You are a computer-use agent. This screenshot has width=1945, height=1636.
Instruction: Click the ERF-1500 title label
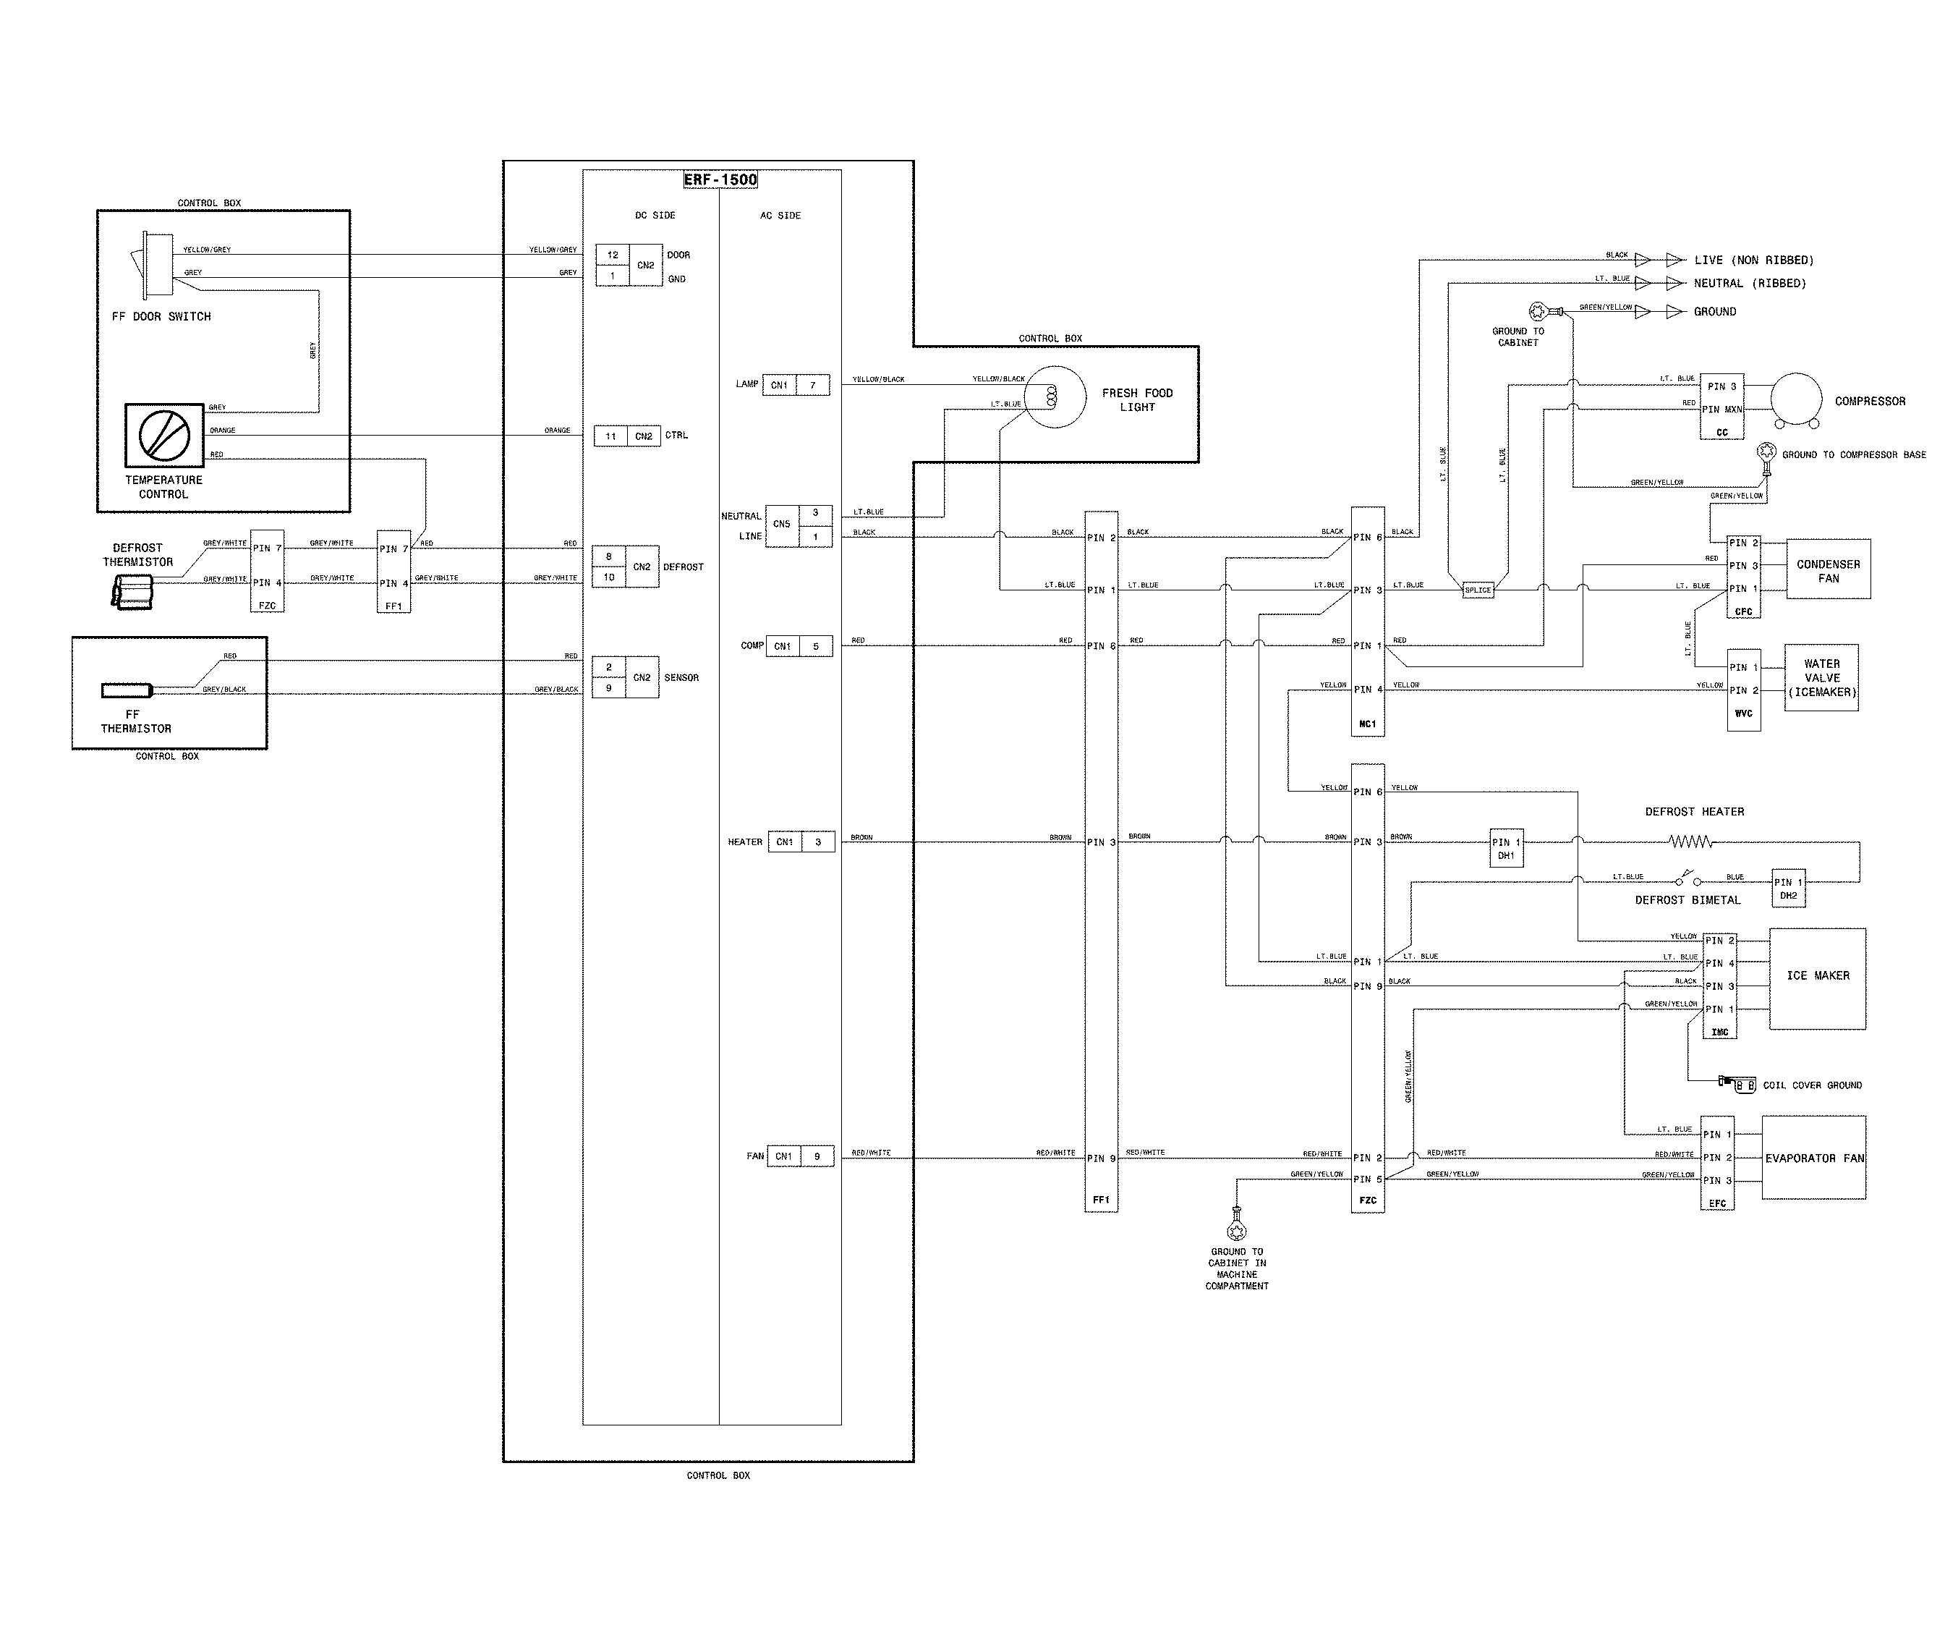720,180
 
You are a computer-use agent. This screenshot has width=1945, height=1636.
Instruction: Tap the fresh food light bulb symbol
1054,397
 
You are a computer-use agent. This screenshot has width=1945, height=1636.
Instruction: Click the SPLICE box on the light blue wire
1478,590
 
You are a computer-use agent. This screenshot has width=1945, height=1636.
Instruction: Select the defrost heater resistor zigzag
1691,842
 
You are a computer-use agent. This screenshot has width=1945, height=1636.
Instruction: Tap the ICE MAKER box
1817,978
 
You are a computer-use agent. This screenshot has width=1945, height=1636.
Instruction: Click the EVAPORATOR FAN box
1813,1158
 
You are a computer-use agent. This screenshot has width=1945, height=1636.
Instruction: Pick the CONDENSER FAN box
1827,569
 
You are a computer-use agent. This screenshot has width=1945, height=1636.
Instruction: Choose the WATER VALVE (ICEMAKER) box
1821,678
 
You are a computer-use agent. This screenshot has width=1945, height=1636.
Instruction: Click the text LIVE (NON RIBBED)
1753,260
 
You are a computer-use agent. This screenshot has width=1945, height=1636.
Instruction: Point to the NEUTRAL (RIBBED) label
1750,284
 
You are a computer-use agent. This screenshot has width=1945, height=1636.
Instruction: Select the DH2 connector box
1787,888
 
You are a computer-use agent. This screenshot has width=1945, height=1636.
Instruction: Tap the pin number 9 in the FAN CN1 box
817,1156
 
